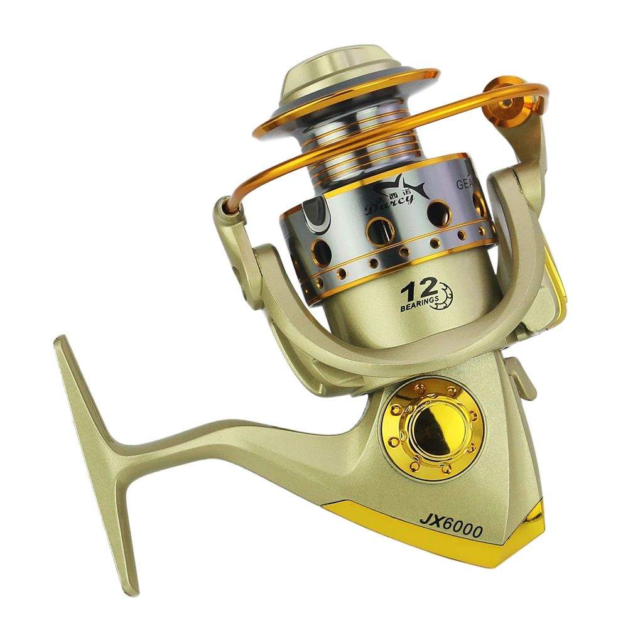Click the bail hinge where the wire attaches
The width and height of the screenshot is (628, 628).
(230, 214)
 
